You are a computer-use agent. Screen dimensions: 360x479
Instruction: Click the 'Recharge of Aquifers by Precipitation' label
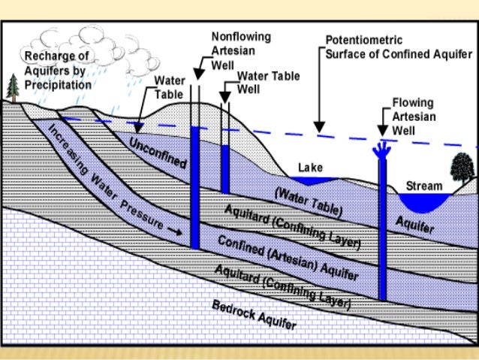point(58,71)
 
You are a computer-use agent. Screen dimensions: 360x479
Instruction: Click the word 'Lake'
point(310,167)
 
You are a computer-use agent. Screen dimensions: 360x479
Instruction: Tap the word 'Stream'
point(423,186)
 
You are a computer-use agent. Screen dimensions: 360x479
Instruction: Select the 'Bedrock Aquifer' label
point(255,310)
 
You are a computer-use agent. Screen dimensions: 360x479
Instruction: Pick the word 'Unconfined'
point(158,153)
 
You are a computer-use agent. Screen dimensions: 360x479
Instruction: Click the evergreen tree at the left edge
point(13,87)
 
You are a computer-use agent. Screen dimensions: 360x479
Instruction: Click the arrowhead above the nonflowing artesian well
point(197,74)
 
